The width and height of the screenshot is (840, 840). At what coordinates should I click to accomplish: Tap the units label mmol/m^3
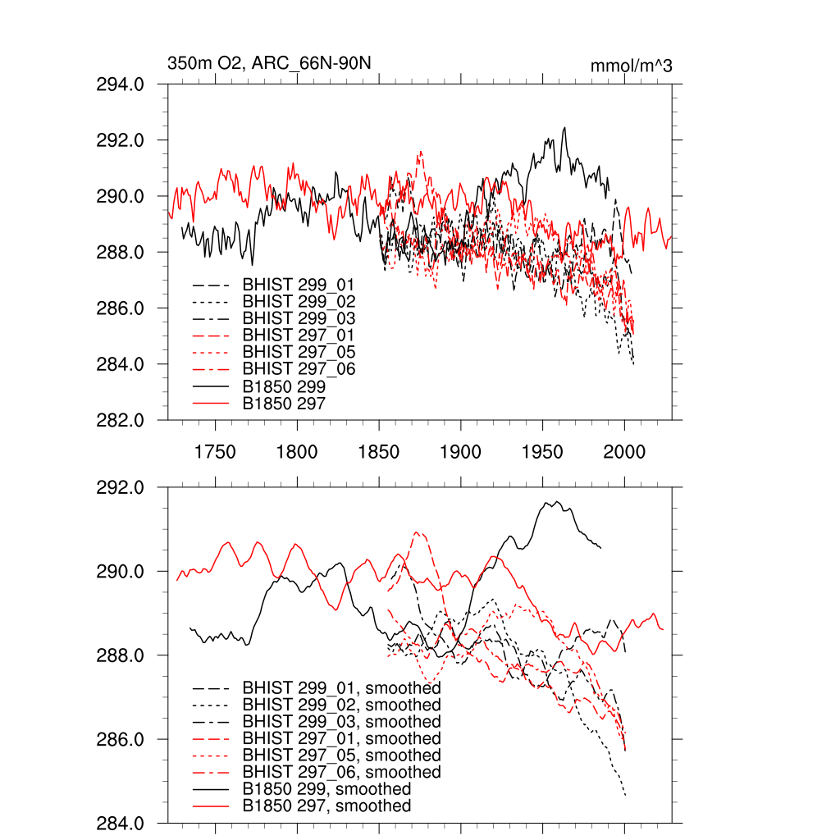pyautogui.click(x=631, y=66)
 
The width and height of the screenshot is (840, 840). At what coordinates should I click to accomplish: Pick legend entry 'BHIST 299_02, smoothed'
pyautogui.click(x=341, y=705)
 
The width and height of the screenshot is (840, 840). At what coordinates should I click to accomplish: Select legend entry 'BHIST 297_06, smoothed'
pyautogui.click(x=341, y=773)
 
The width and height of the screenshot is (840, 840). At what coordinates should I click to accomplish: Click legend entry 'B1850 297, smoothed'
pyautogui.click(x=326, y=806)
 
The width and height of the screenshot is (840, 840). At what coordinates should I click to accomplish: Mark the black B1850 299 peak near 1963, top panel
pyautogui.click(x=564, y=128)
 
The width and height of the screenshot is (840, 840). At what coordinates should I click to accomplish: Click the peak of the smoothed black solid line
pyautogui.click(x=557, y=501)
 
